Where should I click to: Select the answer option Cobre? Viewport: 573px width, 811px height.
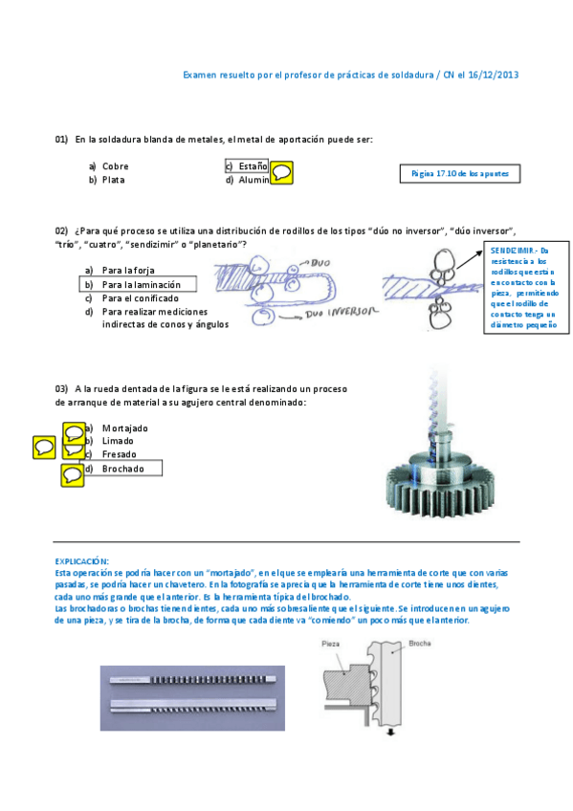click(115, 166)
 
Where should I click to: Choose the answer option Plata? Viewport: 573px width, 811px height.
click(113, 180)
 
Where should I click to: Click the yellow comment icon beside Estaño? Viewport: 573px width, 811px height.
click(282, 173)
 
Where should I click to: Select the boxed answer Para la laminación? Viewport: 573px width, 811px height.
click(141, 284)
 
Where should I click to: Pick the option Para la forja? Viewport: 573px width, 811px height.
click(128, 271)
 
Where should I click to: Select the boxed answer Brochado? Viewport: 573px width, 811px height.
click(123, 469)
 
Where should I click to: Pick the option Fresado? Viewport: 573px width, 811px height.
click(120, 455)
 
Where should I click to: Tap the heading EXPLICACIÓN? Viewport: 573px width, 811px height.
click(81, 560)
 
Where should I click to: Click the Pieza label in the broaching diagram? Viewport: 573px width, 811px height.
click(331, 647)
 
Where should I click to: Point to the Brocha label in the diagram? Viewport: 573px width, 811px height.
click(422, 644)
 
